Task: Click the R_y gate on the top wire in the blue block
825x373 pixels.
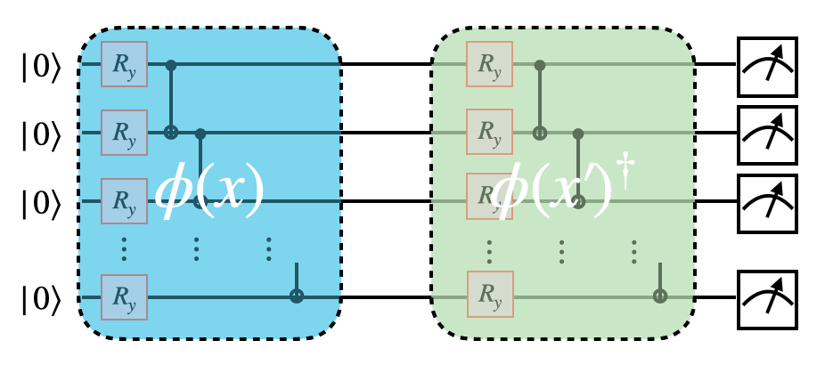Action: pos(124,63)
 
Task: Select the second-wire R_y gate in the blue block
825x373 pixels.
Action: pos(124,133)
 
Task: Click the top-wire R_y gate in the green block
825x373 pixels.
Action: pos(488,63)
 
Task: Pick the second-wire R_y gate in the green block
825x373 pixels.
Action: pos(488,133)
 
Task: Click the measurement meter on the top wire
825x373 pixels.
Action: pos(767,63)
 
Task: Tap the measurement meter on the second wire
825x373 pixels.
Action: pos(767,133)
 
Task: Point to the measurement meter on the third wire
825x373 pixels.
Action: pos(767,200)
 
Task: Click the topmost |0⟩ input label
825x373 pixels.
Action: pos(40,65)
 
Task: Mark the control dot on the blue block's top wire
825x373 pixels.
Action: pos(171,64)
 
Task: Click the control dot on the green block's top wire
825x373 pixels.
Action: pos(540,64)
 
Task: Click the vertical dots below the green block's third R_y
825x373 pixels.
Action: pos(488,251)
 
